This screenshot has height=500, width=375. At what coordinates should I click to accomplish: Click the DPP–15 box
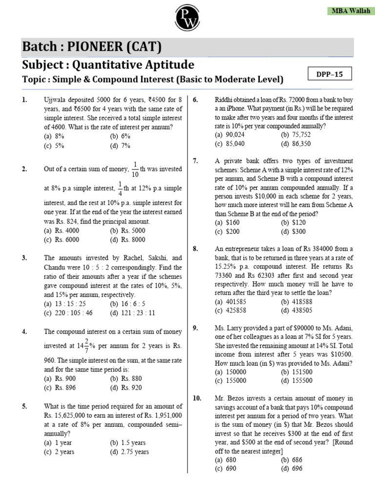pyautogui.click(x=331, y=74)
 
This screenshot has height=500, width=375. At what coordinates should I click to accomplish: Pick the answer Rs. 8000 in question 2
pyautogui.click(x=127, y=239)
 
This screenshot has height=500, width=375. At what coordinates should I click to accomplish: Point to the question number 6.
pyautogui.click(x=195, y=100)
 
